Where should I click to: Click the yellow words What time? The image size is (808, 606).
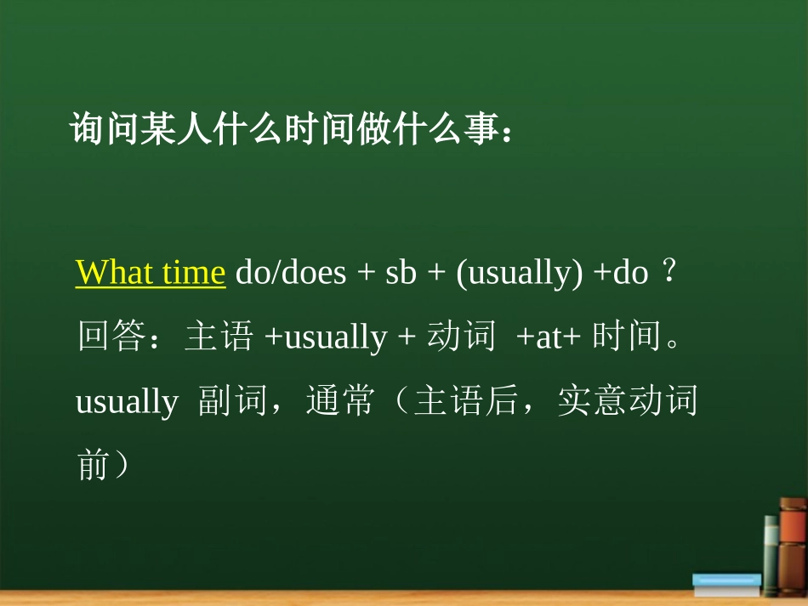click(151, 274)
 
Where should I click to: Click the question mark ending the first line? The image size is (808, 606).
click(669, 274)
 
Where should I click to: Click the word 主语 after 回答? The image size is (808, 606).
click(219, 337)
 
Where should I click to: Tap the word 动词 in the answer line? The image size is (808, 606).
click(460, 337)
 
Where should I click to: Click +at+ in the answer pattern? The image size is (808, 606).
click(549, 337)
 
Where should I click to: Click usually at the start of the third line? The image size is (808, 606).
click(127, 401)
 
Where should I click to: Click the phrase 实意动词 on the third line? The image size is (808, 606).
click(628, 401)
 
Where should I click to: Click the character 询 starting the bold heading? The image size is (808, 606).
click(87, 131)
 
